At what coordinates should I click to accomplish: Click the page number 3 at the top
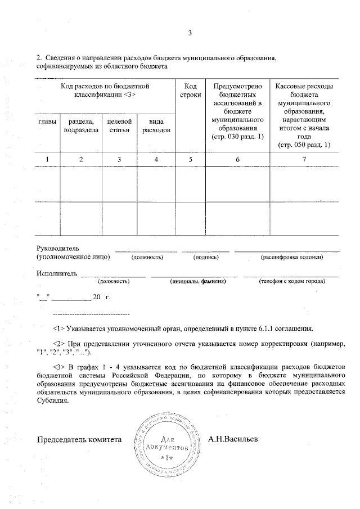pos(190,33)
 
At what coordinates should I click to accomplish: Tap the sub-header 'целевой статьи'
pos(119,126)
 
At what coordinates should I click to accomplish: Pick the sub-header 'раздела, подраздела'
pos(81,126)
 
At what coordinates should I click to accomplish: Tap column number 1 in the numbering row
pos(47,160)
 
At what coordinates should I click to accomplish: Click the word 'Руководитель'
pos(58,248)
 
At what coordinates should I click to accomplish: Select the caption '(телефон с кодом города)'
pos(291,281)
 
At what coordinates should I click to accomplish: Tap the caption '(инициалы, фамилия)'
pos(197,281)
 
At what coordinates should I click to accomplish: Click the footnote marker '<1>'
pos(58,328)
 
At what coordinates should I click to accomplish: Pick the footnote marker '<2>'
pos(58,343)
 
